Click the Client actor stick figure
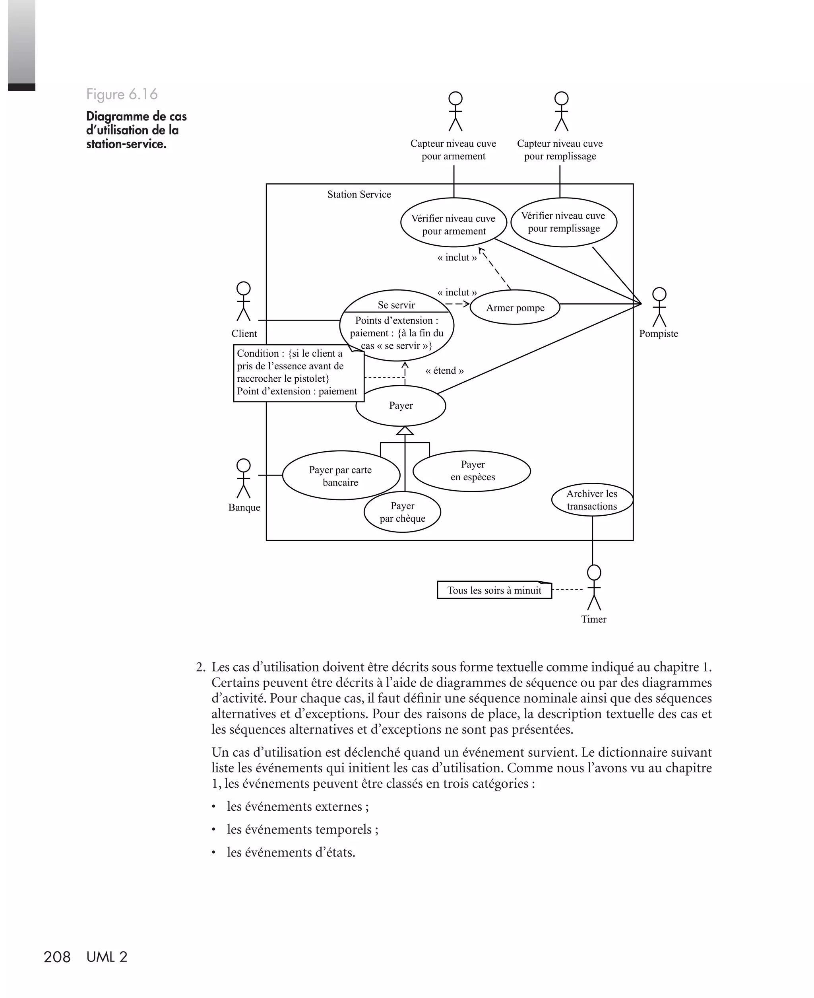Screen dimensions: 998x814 [x=243, y=301]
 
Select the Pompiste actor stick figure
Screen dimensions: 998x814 [x=659, y=307]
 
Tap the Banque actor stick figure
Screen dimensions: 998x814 [x=243, y=478]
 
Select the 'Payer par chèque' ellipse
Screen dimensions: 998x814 [x=402, y=512]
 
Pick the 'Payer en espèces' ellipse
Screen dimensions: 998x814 [x=472, y=471]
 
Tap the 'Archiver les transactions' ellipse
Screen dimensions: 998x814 [x=592, y=500]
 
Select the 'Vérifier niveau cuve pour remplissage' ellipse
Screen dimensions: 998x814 [x=564, y=222]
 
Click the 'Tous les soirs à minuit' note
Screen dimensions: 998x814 [x=494, y=590]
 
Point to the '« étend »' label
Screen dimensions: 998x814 [x=444, y=371]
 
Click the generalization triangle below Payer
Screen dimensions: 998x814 [x=405, y=431]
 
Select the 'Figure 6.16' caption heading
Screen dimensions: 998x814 [x=122, y=94]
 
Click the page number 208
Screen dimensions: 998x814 [x=57, y=957]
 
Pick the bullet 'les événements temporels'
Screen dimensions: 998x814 [x=302, y=829]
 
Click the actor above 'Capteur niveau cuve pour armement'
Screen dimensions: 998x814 [x=455, y=111]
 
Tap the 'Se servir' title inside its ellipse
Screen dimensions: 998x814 [x=396, y=305]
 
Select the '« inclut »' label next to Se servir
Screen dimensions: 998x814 [x=457, y=293]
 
